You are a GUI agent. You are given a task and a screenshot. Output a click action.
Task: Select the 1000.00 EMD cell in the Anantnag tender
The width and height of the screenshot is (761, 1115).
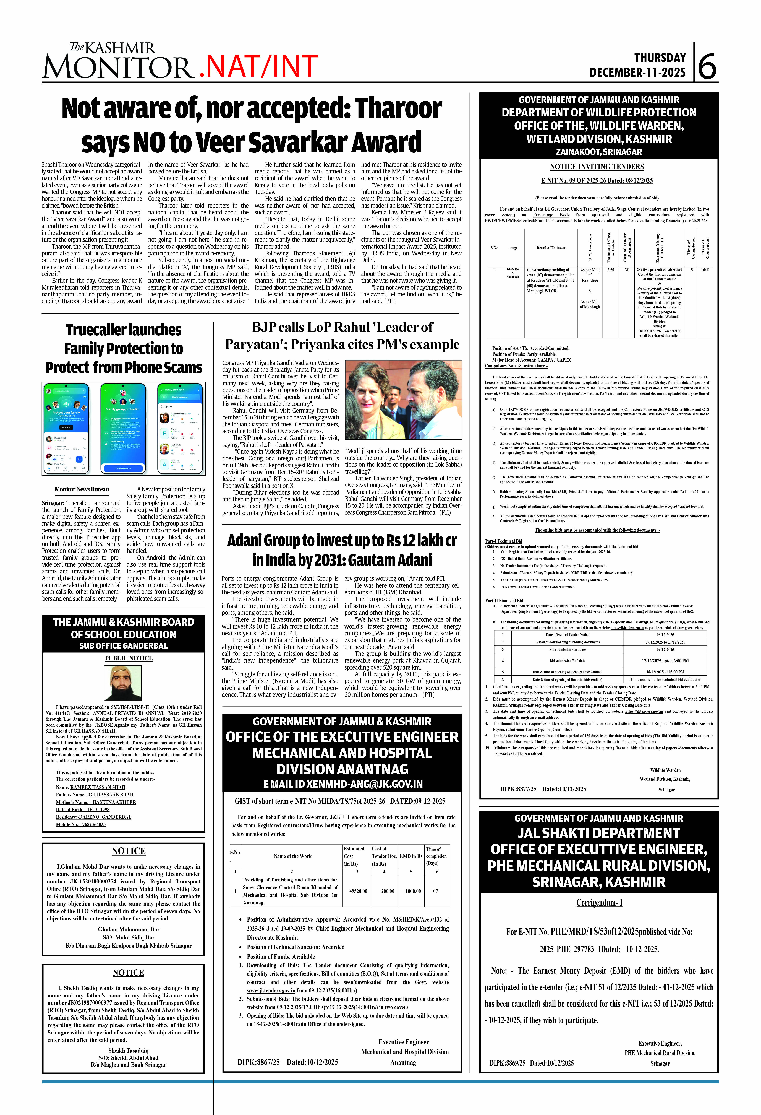click(x=413, y=891)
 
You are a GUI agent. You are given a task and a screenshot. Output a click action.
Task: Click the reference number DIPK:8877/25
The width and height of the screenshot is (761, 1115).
click(x=518, y=789)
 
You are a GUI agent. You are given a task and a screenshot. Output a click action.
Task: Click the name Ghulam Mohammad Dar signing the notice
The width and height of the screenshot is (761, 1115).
click(x=129, y=929)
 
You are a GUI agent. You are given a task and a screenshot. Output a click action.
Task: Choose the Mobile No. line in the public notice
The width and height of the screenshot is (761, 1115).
click(x=81, y=824)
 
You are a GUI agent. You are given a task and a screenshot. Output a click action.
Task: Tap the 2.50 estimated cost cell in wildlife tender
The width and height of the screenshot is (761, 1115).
click(x=610, y=270)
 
